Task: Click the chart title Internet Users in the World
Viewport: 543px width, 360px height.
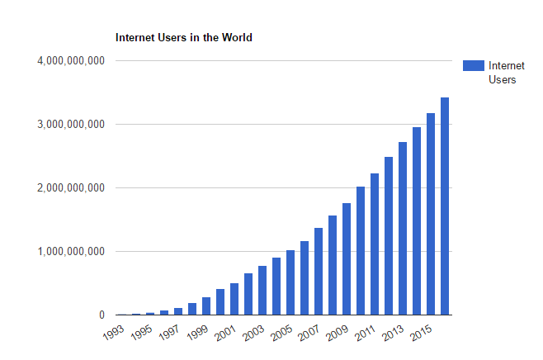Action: coord(184,38)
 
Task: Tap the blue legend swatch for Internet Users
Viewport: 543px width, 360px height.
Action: coord(473,66)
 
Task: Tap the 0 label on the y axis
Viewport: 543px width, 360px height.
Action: coord(102,315)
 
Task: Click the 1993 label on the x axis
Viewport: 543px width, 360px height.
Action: coord(116,334)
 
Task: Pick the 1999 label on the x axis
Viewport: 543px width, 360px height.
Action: coord(201,334)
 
